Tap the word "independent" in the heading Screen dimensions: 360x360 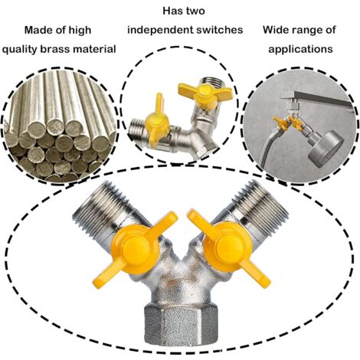click(160, 30)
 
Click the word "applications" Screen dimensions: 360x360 click(300, 49)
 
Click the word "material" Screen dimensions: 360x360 click(97, 49)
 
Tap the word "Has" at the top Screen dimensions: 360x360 click(172, 11)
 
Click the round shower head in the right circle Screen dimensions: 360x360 click(322, 148)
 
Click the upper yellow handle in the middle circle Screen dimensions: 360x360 click(205, 93)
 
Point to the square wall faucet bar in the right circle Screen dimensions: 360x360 click(316, 97)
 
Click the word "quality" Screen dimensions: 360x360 click(19, 50)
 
